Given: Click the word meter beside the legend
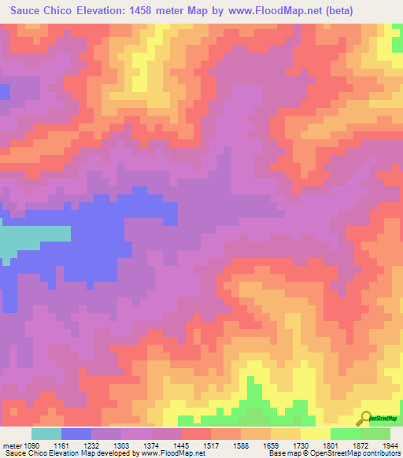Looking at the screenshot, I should (10, 445).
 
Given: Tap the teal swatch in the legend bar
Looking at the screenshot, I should (46, 434).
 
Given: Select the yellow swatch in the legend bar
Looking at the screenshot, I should (315, 434).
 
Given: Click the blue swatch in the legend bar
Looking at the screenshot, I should (76, 434).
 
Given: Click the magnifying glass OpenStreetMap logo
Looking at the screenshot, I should (366, 419).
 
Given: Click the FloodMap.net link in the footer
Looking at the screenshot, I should (166, 453).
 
